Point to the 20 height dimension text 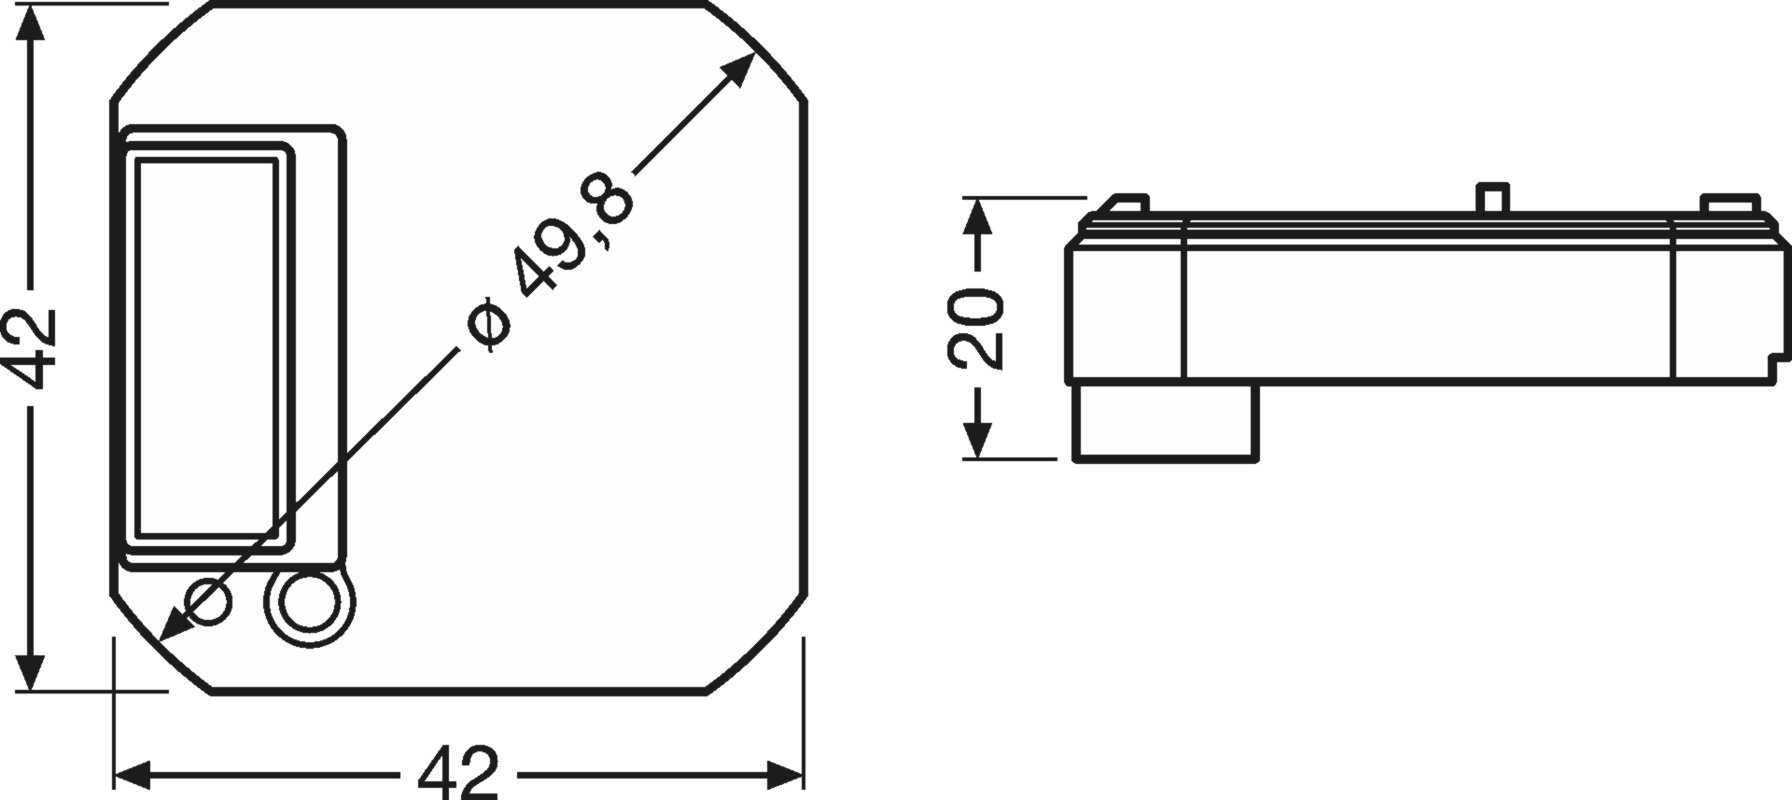[974, 327]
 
